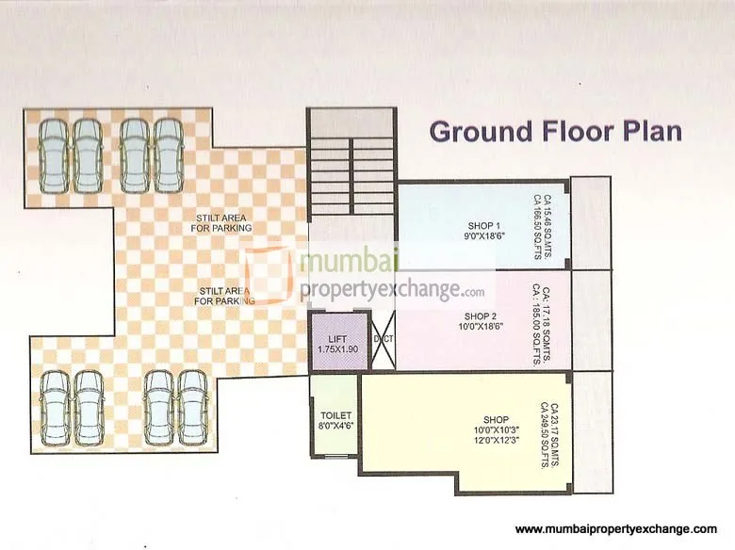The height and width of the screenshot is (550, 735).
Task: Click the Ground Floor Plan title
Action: [555, 130]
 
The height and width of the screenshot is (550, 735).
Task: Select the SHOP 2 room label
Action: [480, 315]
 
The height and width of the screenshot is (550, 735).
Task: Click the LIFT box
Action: [333, 343]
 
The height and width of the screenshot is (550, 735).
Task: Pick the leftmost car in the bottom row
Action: [56, 407]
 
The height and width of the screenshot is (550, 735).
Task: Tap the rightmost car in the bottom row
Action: [192, 407]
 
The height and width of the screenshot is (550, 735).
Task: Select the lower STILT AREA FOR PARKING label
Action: [224, 296]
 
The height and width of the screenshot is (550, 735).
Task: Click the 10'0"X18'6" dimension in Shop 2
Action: [480, 327]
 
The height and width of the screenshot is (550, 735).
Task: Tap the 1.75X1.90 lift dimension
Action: [333, 349]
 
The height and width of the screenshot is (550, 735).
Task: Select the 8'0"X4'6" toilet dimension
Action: [335, 426]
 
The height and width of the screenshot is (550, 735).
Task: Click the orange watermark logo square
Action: [268, 275]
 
